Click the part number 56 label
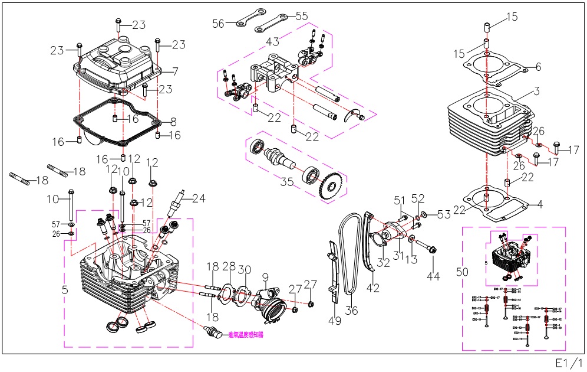click(x=219, y=23)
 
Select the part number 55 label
click(x=301, y=16)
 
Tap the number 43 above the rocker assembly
click(x=272, y=42)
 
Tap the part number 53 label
click(x=444, y=214)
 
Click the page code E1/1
click(x=569, y=361)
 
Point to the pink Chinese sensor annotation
click(x=246, y=334)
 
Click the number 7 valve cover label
click(x=175, y=71)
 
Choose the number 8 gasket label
click(x=173, y=122)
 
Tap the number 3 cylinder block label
click(x=537, y=92)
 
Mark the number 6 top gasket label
click(x=538, y=67)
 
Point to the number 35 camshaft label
click(x=287, y=181)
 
